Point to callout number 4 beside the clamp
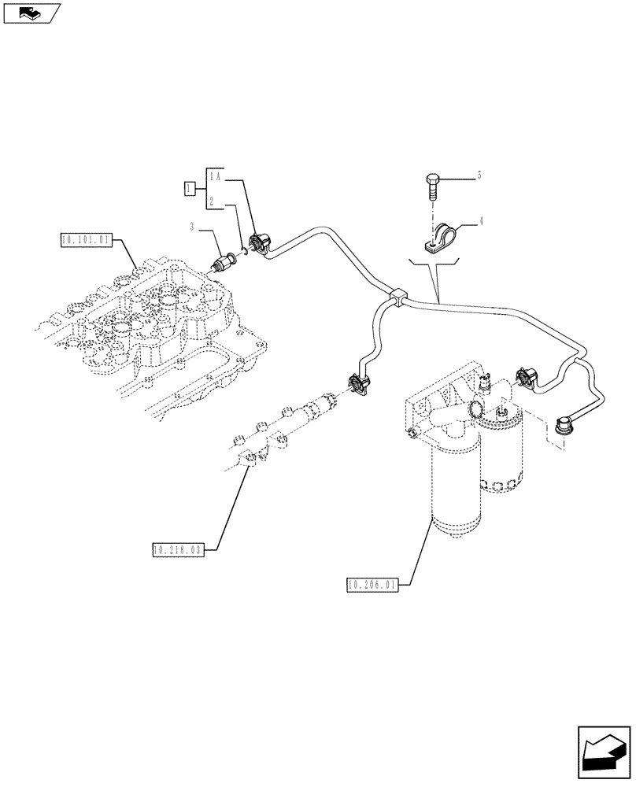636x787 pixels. (479, 222)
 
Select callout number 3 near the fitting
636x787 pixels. (191, 227)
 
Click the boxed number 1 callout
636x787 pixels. (189, 188)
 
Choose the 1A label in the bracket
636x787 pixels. (216, 179)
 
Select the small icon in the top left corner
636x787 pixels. (31, 13)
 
